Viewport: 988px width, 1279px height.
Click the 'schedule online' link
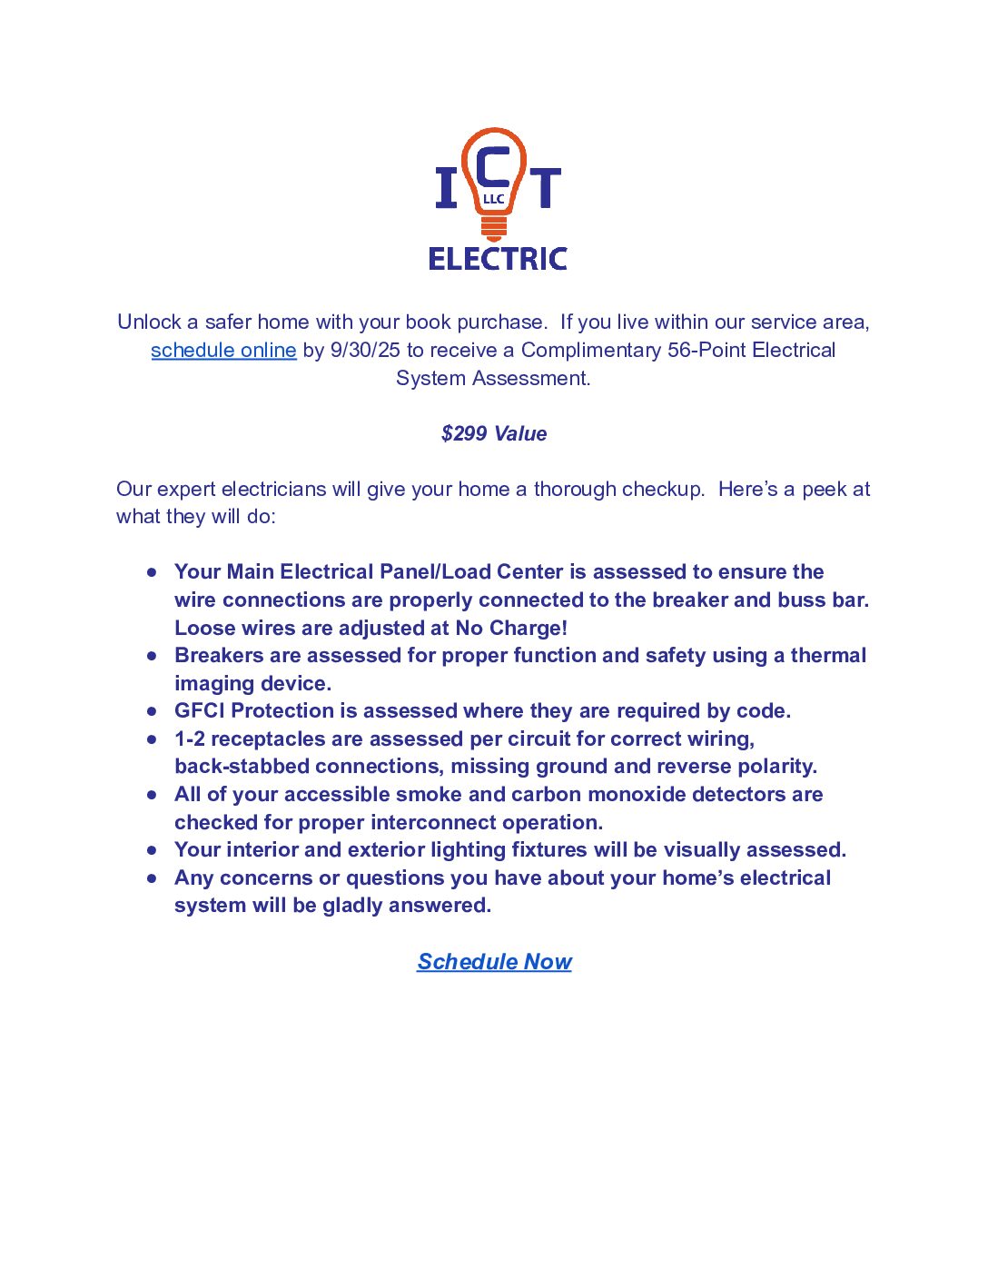click(223, 351)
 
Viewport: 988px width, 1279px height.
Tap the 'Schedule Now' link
click(494, 962)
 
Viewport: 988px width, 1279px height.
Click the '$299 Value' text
click(494, 434)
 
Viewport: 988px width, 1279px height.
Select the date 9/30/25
click(365, 351)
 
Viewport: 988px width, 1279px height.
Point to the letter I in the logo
click(446, 188)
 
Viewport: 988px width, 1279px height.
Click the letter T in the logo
click(545, 188)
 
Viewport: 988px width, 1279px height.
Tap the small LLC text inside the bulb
click(493, 199)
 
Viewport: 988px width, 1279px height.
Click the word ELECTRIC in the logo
click(498, 260)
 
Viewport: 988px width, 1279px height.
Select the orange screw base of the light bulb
click(494, 227)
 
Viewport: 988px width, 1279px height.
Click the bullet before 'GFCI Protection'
click(152, 711)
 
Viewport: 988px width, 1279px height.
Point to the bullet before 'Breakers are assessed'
click(152, 656)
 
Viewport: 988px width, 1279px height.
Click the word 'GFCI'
click(200, 711)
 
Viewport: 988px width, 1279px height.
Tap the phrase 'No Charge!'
click(511, 629)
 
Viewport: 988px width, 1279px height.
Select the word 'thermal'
click(828, 656)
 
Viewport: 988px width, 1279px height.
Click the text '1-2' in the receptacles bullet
click(190, 739)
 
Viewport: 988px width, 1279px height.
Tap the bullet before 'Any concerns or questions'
click(152, 878)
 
